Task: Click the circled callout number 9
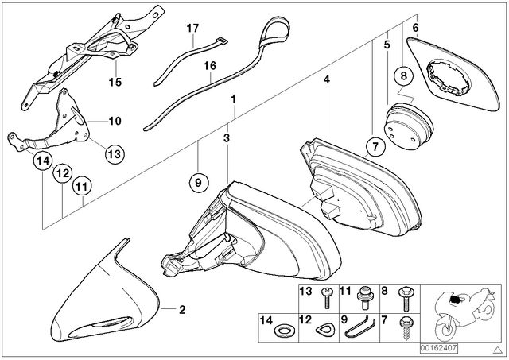(x=198, y=182)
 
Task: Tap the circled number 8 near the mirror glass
(x=403, y=76)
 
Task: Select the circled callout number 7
(x=375, y=147)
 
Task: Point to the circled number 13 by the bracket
(x=115, y=153)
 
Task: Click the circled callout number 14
(x=43, y=161)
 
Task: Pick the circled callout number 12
(x=63, y=173)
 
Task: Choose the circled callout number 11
(x=81, y=187)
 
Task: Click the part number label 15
(x=115, y=82)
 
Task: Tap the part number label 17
(x=192, y=29)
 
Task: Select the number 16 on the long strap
(x=210, y=66)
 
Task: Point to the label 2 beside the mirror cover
(x=182, y=310)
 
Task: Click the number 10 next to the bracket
(x=115, y=122)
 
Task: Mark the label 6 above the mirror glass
(x=416, y=28)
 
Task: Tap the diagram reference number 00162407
(x=439, y=349)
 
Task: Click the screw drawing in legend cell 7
(x=406, y=327)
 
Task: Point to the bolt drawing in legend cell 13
(x=326, y=297)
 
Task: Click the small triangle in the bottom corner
(x=496, y=350)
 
